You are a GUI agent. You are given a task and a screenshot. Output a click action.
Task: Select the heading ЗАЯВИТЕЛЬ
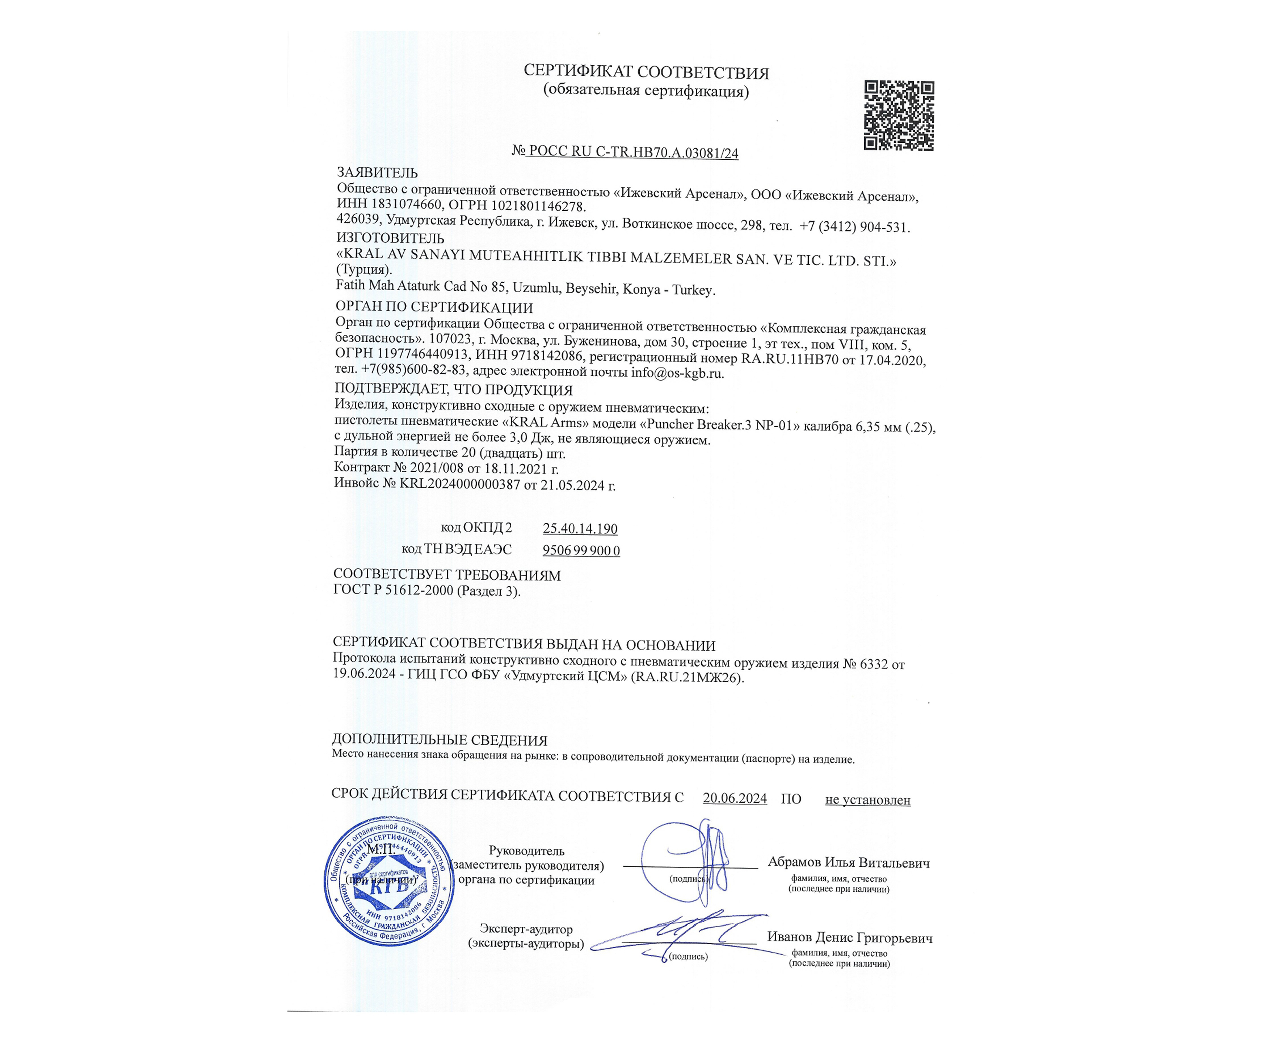coord(377,173)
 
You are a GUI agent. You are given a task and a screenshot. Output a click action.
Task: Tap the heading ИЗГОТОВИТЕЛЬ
coord(390,238)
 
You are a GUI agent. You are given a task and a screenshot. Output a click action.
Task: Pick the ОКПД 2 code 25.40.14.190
coord(580,528)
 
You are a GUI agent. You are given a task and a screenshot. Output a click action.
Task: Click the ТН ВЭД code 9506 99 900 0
coord(581,551)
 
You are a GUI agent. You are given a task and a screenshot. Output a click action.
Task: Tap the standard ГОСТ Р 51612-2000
coord(393,590)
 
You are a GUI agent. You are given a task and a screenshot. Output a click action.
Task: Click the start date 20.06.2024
coord(735,798)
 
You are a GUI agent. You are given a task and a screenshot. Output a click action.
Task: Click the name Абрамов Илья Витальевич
coord(848,862)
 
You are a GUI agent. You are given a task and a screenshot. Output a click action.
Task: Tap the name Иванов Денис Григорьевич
coord(849,937)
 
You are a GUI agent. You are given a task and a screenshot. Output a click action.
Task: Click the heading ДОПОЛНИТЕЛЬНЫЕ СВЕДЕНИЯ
coord(439,740)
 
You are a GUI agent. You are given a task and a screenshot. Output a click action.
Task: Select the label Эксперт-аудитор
coord(526,929)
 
